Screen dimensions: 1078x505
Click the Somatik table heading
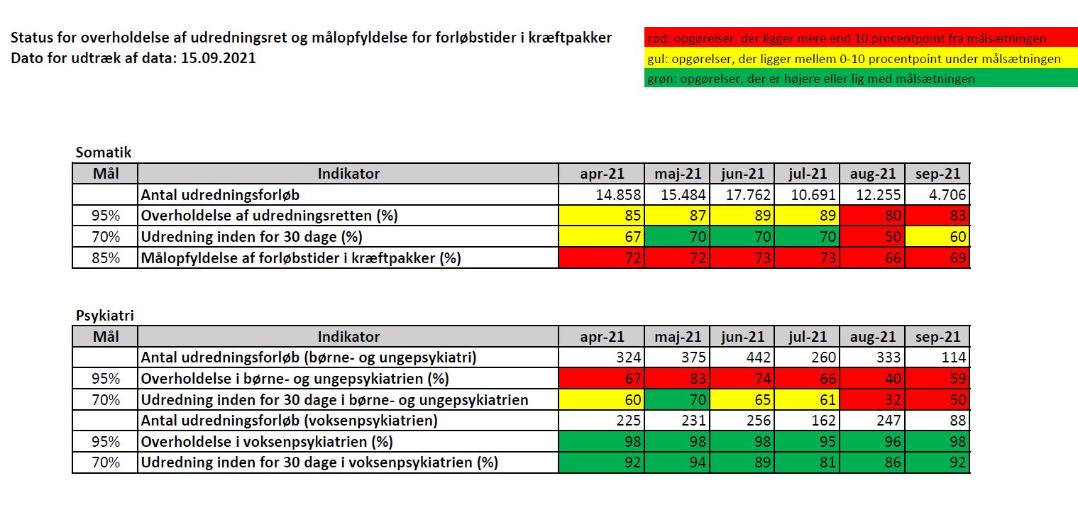[x=104, y=152]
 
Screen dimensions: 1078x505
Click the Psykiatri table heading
[x=105, y=316]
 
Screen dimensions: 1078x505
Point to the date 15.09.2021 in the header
[x=219, y=58]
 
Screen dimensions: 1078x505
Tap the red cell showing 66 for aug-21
[x=872, y=257]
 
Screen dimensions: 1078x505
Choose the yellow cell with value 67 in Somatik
[x=602, y=237]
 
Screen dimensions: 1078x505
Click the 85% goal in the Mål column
[x=106, y=257]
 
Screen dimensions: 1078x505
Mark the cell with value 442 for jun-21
[x=742, y=357]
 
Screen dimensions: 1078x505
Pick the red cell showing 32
[x=872, y=399]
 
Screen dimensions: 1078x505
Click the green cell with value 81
[x=807, y=462]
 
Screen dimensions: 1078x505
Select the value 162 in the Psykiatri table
[x=807, y=421]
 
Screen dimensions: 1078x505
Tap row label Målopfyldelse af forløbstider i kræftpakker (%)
[x=301, y=258]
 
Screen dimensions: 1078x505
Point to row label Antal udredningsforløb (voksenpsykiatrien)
[x=290, y=421]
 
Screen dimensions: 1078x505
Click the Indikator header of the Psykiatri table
[x=348, y=337]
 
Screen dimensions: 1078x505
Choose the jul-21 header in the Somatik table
[x=807, y=174]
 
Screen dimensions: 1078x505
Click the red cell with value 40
[x=872, y=379]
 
